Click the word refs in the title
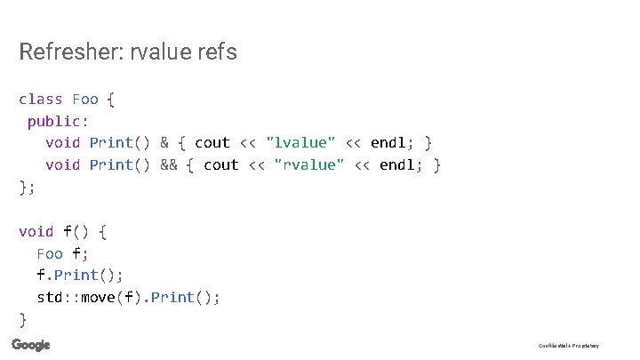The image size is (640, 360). coord(217,52)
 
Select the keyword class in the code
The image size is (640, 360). coord(40,99)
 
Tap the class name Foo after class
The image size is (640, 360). coord(85,99)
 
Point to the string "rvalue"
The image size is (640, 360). coord(309,164)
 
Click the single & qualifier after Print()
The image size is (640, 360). coord(164,142)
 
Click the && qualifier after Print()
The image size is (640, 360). coord(169,164)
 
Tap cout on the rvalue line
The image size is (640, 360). coord(221,164)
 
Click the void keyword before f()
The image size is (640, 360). coord(36,231)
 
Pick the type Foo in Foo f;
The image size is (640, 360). coord(50,253)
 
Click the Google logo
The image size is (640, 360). coord(31,345)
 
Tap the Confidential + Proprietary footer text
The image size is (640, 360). coord(569,346)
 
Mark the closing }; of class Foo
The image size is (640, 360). coord(25,187)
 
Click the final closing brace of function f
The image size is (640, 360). coord(22,319)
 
